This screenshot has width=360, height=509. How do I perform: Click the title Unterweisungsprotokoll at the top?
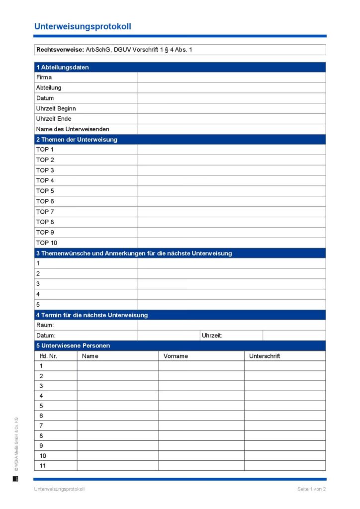pos(83,27)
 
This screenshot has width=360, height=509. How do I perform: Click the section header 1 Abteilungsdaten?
pos(62,67)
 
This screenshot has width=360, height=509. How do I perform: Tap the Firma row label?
pos(44,78)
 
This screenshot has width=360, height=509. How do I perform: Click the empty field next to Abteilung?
pos(231,88)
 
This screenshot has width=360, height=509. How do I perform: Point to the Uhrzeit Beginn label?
pos(56,108)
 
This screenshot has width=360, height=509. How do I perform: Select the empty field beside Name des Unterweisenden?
pos(231,129)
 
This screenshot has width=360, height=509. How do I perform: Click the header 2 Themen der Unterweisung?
pos(77,140)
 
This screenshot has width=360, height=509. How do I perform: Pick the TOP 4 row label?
pos(45,180)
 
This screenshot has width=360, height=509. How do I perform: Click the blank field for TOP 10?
pos(231,243)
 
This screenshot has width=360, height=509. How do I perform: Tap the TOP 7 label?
pos(45,212)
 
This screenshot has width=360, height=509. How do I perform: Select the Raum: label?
pos(45,325)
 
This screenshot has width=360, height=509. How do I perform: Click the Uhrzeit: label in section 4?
pos(212,336)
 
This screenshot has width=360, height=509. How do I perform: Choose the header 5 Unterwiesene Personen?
pos(73,345)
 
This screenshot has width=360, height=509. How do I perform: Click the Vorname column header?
pos(176,356)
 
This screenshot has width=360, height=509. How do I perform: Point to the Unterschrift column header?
pos(265,356)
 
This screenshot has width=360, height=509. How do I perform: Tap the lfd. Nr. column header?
pos(49,356)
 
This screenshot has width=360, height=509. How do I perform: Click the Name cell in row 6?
pos(117,416)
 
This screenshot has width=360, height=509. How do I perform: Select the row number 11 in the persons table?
pos(43,466)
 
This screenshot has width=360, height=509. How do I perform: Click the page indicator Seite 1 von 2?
pos(311,489)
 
